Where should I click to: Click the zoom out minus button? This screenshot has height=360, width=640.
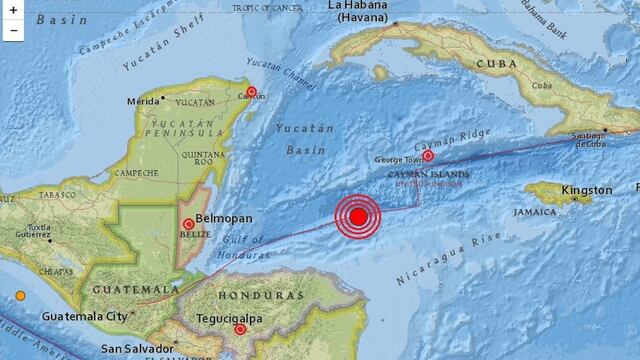[14, 30]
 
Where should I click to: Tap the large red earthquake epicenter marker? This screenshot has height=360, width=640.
[358, 217]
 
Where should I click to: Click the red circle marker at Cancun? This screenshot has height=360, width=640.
[251, 93]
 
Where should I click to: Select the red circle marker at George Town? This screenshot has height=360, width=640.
[428, 155]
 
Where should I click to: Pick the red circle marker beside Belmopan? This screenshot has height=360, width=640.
[188, 223]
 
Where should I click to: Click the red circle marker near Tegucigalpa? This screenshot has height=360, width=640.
[240, 329]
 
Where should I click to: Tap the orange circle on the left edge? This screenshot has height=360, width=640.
[20, 294]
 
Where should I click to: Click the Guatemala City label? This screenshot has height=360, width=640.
[85, 316]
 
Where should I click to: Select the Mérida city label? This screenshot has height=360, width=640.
[143, 101]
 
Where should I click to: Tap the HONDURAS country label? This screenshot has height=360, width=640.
[257, 296]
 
